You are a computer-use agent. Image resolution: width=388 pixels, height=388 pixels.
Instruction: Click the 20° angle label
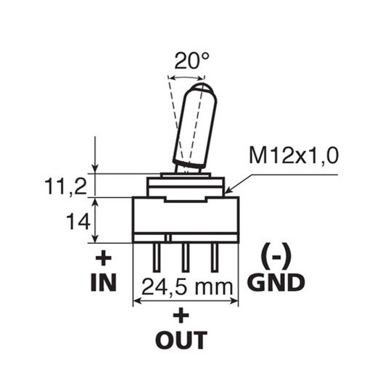[x=191, y=61]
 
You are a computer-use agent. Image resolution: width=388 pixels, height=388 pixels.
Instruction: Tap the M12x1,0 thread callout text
[x=294, y=156]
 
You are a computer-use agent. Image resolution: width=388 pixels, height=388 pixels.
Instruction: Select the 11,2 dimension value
[x=65, y=187]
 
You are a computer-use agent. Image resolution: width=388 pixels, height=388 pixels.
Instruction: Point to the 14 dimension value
[x=78, y=222]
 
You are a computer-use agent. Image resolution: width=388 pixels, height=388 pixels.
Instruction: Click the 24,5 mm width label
[x=187, y=287]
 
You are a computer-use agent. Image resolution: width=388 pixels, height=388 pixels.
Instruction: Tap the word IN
[x=104, y=283]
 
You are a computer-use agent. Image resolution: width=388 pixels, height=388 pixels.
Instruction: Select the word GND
[x=276, y=282]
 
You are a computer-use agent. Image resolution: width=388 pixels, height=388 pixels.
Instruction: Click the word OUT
[x=181, y=340]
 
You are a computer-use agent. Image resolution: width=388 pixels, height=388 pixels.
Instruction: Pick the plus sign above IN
[x=104, y=258]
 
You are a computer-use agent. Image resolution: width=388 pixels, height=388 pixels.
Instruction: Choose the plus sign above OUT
[x=181, y=315]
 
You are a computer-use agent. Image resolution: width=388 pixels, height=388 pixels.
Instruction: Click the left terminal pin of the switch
[x=157, y=257]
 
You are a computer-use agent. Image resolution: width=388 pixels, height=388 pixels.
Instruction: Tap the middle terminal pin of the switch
[x=186, y=257]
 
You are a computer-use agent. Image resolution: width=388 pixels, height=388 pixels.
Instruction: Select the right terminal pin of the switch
[x=215, y=257]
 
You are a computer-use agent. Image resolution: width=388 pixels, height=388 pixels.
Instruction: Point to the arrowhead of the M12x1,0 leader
[x=228, y=191]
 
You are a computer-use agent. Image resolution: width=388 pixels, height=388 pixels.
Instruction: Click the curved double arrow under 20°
[x=187, y=78]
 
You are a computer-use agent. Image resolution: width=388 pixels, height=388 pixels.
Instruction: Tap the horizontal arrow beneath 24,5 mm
[x=186, y=301]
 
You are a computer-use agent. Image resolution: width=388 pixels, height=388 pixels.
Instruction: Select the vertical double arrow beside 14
[x=95, y=220]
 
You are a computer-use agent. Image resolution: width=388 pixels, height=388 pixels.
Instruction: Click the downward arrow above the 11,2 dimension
[x=95, y=154]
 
